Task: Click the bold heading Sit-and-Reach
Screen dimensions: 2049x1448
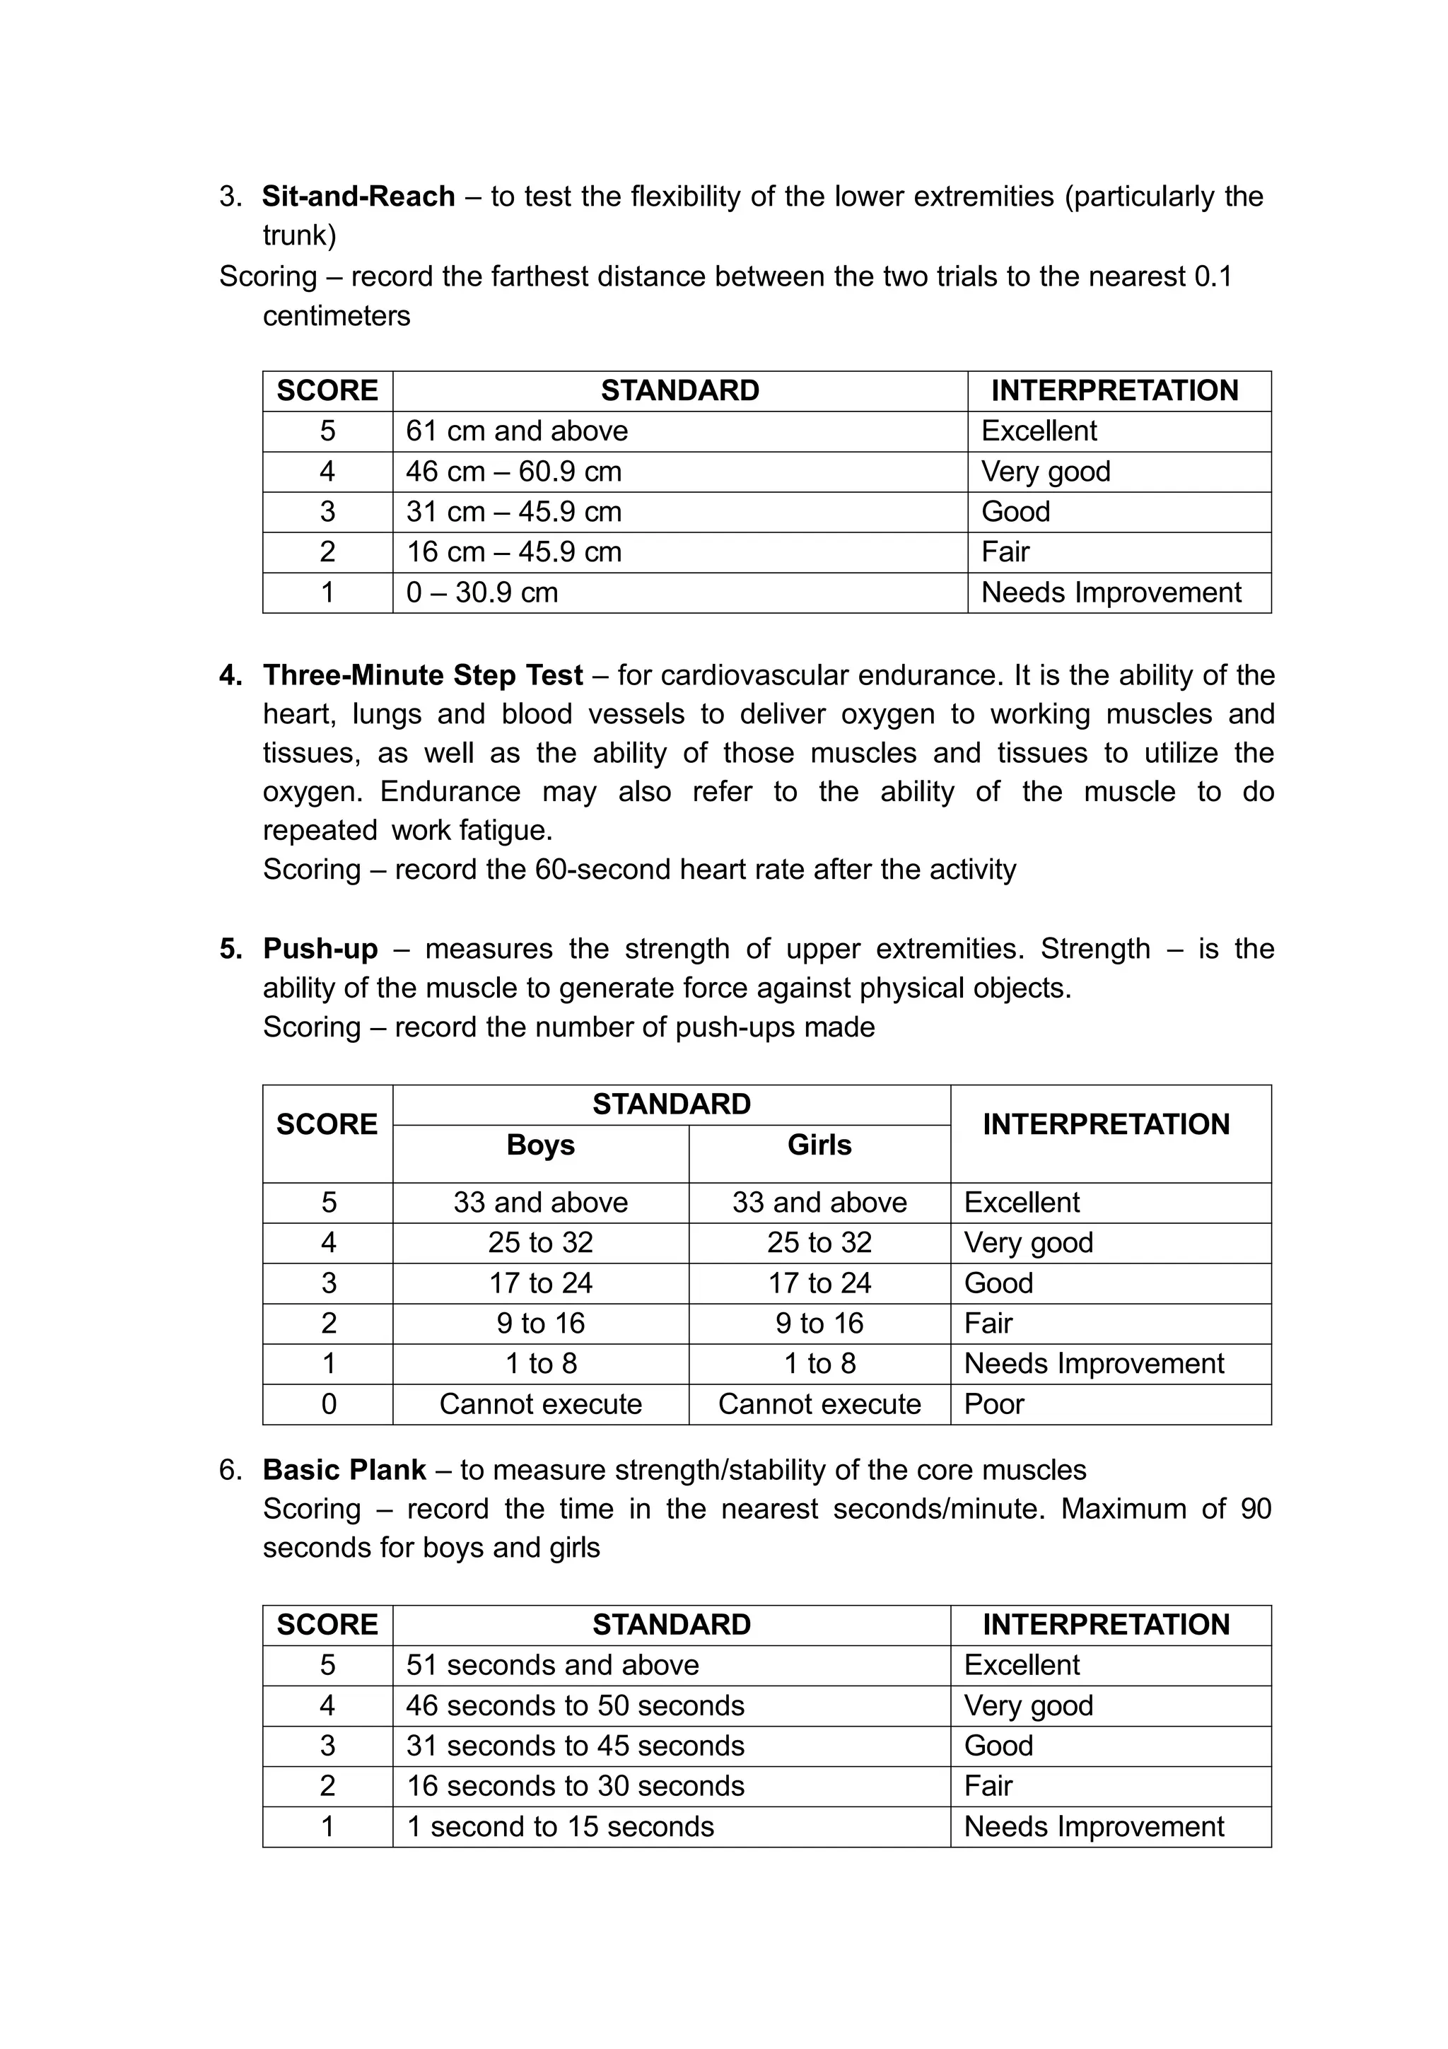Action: pos(358,197)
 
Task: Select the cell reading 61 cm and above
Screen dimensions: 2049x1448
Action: pos(517,431)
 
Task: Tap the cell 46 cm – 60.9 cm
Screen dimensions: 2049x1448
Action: pos(514,471)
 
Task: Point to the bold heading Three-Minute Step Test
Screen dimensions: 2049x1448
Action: pos(423,675)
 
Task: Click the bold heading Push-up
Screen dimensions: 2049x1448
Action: pos(320,949)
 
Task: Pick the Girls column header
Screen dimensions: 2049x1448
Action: pos(819,1145)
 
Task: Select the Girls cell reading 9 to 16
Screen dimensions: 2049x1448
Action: pos(819,1323)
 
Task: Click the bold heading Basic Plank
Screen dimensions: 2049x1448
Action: pos(344,1470)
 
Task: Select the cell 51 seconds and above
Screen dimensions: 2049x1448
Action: pos(552,1665)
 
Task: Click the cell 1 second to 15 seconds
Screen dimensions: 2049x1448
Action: pos(560,1827)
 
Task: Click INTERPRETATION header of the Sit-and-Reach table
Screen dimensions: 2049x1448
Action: pos(1114,391)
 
